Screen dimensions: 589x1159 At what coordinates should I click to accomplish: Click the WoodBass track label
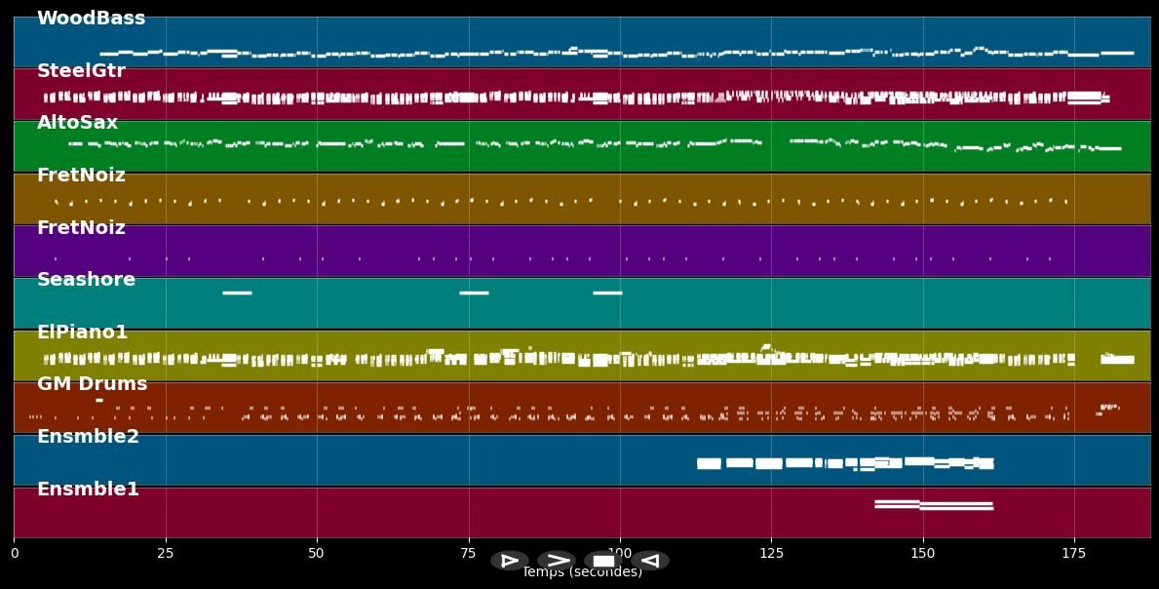[x=91, y=19]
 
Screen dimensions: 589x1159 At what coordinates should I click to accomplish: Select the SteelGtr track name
[x=81, y=71]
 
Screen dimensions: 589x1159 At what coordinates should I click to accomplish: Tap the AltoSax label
[x=77, y=123]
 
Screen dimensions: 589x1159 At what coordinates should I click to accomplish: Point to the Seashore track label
[x=86, y=280]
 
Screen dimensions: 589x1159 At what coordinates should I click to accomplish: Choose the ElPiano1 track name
[x=82, y=333]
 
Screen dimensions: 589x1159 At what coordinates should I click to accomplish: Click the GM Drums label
[x=92, y=384]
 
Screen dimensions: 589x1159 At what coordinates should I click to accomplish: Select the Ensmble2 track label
[x=88, y=437]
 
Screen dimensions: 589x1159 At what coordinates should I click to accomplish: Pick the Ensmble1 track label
[x=88, y=490]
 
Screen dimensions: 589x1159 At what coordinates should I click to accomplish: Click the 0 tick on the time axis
[x=14, y=554]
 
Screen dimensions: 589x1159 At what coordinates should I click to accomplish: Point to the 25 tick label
[x=166, y=554]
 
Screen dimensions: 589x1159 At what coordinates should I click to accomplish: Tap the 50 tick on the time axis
[x=316, y=554]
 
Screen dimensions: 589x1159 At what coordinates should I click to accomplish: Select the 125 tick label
[x=771, y=554]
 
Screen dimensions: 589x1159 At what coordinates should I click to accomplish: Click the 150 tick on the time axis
[x=922, y=554]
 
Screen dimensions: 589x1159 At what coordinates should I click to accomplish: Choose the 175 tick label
[x=1073, y=554]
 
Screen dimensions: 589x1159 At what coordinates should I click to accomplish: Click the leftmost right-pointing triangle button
[x=510, y=561]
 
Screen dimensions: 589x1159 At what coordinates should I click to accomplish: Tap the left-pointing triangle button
[x=650, y=561]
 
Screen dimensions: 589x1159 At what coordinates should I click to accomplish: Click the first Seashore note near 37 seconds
[x=237, y=293]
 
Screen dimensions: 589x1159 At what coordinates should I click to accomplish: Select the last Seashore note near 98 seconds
[x=607, y=293]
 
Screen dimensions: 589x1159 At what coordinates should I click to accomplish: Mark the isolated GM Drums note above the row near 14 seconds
[x=98, y=400]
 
